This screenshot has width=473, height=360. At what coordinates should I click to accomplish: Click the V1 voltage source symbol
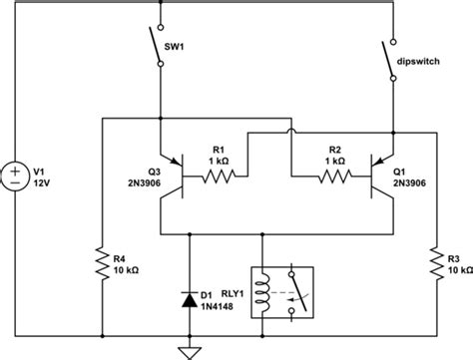(17, 178)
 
